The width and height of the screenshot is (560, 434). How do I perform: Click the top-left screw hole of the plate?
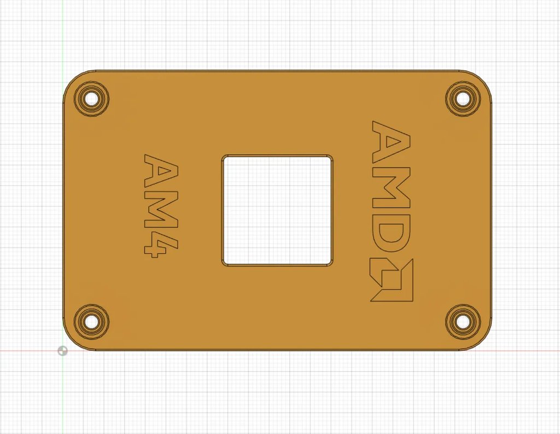tap(92, 99)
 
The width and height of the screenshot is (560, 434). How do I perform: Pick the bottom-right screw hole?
tap(463, 321)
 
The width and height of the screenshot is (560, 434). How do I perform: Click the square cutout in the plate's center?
tap(277, 210)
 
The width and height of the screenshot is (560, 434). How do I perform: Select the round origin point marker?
tap(63, 350)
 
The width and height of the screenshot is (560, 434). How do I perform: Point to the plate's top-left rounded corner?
tap(72, 79)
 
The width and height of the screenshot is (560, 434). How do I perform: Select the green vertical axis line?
tap(63, 33)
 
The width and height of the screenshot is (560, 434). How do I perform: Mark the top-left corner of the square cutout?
tap(224, 157)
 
